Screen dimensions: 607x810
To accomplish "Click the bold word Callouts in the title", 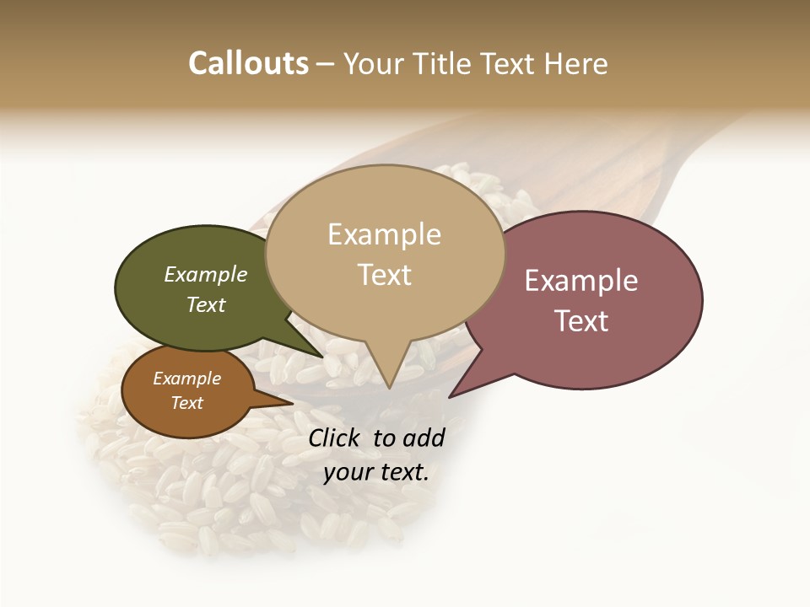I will tap(248, 63).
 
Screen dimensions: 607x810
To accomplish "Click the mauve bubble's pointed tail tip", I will tap(451, 396).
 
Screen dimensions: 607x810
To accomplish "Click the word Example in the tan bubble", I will tap(384, 234).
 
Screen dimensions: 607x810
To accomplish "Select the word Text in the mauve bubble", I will tap(581, 321).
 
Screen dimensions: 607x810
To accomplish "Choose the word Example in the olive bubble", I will tap(206, 274).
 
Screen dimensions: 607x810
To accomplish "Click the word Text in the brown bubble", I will tap(187, 403).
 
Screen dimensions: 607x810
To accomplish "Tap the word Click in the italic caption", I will tap(334, 438).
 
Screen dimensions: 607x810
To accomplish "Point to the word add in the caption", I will tap(424, 438).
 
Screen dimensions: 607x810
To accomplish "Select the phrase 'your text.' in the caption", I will tap(376, 472).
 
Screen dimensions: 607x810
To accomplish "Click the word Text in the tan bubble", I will tap(385, 275).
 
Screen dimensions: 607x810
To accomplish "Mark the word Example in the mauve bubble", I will tap(581, 281).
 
